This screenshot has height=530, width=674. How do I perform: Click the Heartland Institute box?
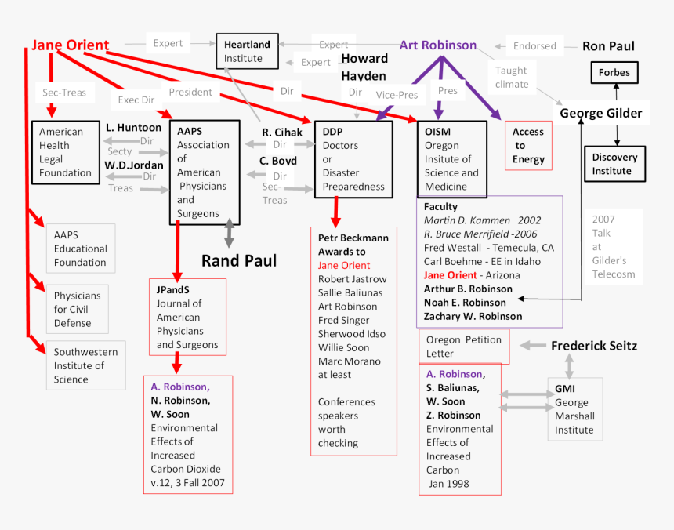click(247, 51)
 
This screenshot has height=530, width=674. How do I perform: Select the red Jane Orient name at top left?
click(71, 45)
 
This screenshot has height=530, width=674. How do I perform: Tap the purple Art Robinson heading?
click(438, 45)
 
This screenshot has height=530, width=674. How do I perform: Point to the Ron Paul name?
click(608, 46)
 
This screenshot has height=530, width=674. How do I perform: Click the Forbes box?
click(614, 73)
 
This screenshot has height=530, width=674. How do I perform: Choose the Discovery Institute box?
click(614, 164)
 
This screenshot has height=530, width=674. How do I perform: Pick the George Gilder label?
click(600, 114)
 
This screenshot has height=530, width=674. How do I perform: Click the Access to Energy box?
click(528, 146)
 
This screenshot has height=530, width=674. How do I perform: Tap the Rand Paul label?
click(239, 261)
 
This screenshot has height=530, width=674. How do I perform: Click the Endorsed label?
click(534, 46)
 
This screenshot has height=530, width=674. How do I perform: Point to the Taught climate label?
click(512, 78)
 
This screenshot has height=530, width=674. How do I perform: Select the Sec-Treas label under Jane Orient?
click(64, 93)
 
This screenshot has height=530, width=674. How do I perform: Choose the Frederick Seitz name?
click(594, 346)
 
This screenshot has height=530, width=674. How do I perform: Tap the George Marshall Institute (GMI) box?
click(574, 408)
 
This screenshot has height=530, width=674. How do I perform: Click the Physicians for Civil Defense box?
click(77, 309)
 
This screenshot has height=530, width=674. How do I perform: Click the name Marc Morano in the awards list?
click(349, 361)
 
